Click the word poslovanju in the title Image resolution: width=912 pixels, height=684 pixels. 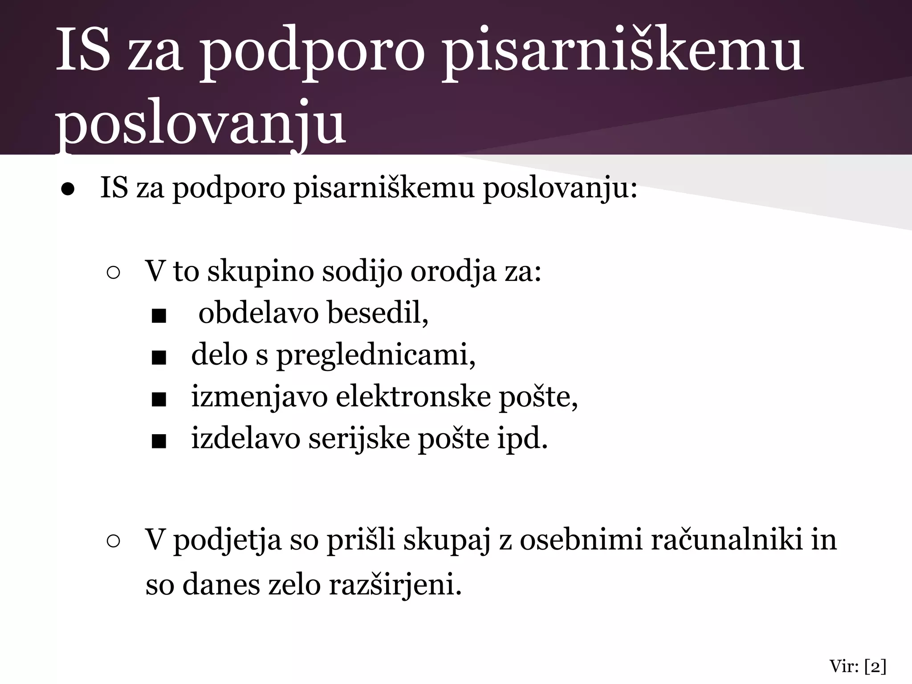200,122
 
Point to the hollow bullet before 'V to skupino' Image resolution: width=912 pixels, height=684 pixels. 113,273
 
